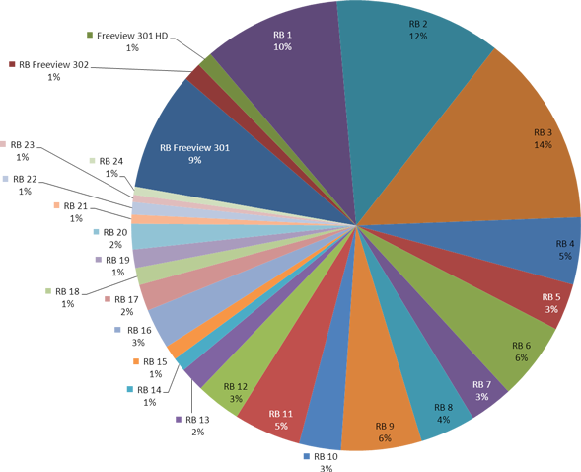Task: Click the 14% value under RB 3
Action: (x=543, y=145)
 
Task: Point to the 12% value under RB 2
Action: (x=418, y=37)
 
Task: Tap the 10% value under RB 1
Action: (x=282, y=47)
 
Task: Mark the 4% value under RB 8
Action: (x=444, y=420)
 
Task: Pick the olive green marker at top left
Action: (x=90, y=35)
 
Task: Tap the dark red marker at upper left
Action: (x=12, y=64)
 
